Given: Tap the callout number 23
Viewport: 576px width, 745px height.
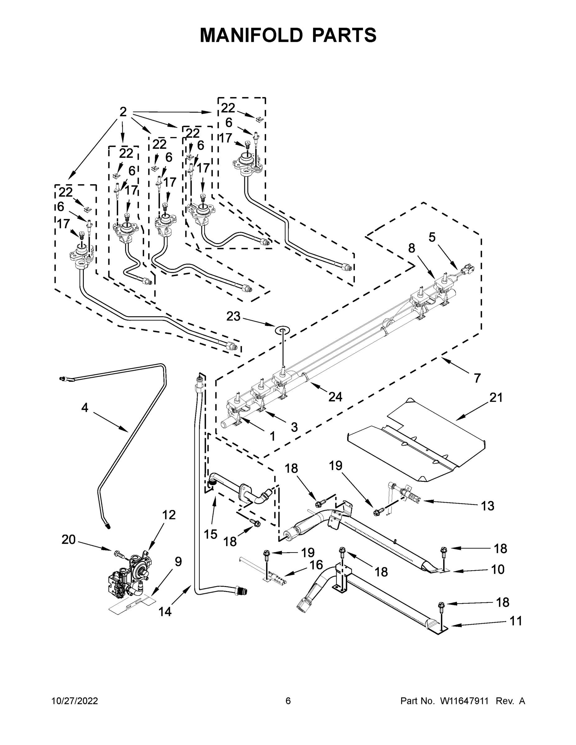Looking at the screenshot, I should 234,316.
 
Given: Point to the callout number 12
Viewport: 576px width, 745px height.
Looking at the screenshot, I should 169,515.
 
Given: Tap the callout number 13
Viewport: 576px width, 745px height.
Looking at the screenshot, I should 488,506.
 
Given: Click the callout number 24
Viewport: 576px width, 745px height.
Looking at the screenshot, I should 335,396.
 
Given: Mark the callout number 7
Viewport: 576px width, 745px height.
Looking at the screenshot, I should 477,378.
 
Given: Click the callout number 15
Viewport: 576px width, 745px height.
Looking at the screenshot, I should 211,534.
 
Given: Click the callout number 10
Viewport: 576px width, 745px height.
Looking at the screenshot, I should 498,569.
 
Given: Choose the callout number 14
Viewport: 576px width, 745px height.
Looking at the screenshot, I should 165,612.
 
